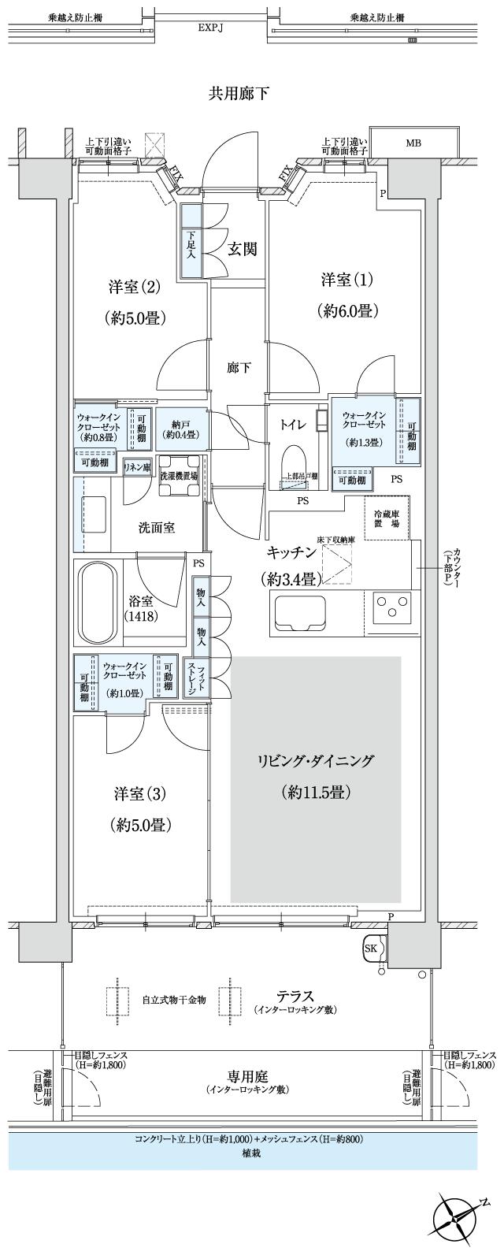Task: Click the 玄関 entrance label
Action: click(x=243, y=250)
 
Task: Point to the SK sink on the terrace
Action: click(x=372, y=949)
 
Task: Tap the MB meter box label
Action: click(x=413, y=143)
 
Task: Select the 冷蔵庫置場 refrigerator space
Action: click(x=386, y=518)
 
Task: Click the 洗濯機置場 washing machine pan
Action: click(x=180, y=477)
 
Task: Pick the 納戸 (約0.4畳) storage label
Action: click(x=182, y=428)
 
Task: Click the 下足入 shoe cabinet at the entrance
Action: click(x=191, y=241)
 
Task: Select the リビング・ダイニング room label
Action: click(x=315, y=761)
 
